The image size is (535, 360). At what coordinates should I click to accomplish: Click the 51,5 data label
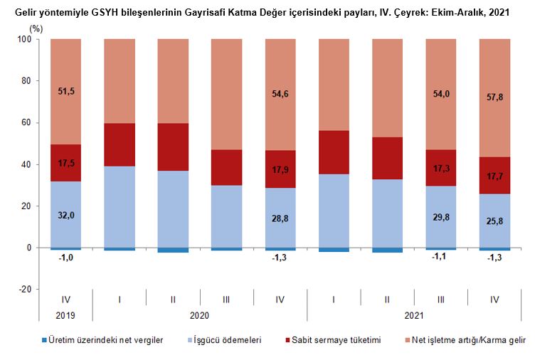pyautogui.click(x=65, y=91)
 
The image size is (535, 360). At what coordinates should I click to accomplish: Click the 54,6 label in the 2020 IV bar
pyautogui.click(x=280, y=94)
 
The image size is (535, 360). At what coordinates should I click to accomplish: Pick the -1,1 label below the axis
pyautogui.click(x=440, y=258)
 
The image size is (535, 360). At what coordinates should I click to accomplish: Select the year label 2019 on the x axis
pyautogui.click(x=65, y=314)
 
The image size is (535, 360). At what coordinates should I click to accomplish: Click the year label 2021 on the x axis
pyautogui.click(x=414, y=314)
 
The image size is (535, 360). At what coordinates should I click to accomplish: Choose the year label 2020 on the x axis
pyautogui.click(x=199, y=314)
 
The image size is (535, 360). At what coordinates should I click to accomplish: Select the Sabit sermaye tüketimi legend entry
pyautogui.click(x=333, y=340)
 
